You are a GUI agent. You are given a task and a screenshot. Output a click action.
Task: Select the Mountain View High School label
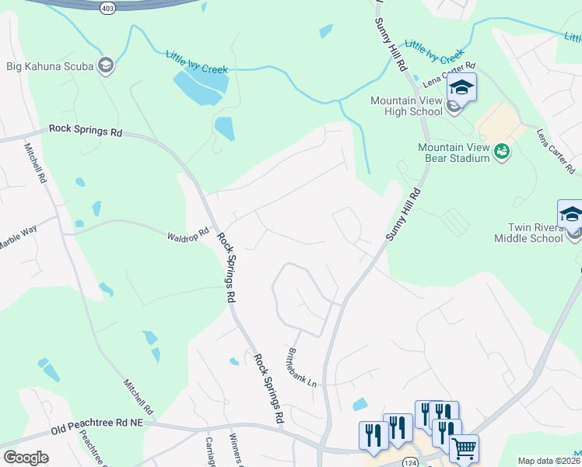point(406,106)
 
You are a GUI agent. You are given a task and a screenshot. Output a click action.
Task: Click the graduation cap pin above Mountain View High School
point(461,88)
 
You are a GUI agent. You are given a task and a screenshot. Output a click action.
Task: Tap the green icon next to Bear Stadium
point(503,152)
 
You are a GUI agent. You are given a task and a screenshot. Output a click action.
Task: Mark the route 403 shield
point(107,7)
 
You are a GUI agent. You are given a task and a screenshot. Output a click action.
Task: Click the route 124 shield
point(407,463)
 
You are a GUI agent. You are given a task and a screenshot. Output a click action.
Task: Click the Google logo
point(25,458)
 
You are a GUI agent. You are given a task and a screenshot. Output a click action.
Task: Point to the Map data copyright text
point(549,461)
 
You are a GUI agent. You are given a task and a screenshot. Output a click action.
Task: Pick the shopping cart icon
point(464,448)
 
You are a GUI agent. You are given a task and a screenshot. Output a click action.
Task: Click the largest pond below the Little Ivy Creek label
point(199,88)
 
